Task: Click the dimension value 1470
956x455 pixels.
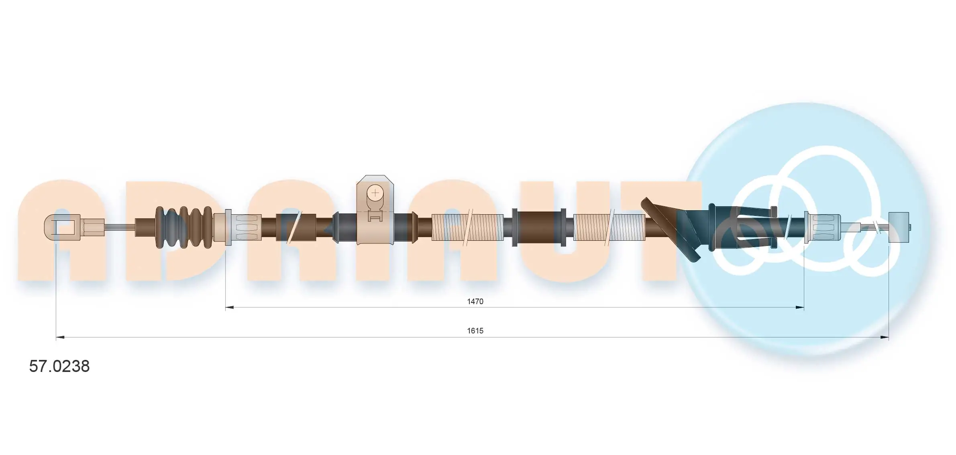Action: [x=475, y=301]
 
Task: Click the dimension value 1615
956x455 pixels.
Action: [x=475, y=331]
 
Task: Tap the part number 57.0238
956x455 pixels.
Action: [x=59, y=366]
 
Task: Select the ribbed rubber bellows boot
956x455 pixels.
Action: [x=183, y=227]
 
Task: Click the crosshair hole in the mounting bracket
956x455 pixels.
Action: [x=375, y=193]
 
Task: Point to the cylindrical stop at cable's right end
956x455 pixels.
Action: [x=899, y=227]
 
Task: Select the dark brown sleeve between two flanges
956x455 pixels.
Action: [x=539, y=227]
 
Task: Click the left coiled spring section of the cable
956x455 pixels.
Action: [x=467, y=227]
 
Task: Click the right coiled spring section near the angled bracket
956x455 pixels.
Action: [x=609, y=227]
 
